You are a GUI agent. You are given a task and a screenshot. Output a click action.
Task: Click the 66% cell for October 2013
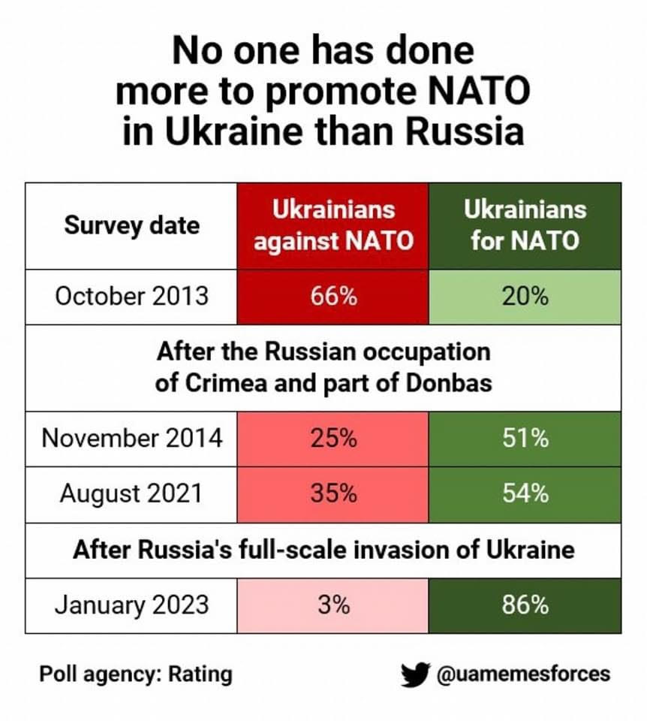pos(333,296)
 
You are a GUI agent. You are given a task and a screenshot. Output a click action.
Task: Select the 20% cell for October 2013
pos(525,296)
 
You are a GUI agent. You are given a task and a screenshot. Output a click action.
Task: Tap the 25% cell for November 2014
pos(333,438)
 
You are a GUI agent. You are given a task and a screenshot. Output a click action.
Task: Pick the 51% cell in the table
pos(525,438)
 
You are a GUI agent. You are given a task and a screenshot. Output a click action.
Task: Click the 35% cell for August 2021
pos(333,493)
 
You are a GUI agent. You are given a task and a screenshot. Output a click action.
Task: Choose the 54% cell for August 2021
pos(525,493)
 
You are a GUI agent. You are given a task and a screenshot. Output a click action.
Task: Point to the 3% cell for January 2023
pos(333,605)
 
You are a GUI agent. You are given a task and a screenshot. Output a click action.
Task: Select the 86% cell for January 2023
pos(525,605)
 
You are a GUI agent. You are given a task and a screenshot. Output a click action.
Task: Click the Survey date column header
pos(132,225)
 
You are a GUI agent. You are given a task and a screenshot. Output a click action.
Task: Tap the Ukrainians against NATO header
pos(333,225)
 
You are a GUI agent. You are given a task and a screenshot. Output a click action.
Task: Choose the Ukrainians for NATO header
pos(525,225)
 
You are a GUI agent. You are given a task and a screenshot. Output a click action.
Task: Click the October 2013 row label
pos(132,296)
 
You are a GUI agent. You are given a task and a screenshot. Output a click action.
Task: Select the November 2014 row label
pos(132,438)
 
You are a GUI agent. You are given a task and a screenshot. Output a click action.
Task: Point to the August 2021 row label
pos(132,493)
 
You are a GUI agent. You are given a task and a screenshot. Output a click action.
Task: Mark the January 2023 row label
pos(132,605)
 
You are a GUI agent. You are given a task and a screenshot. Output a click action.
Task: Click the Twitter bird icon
pos(414,674)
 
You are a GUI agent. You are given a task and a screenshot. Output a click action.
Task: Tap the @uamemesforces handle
pos(523,674)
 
